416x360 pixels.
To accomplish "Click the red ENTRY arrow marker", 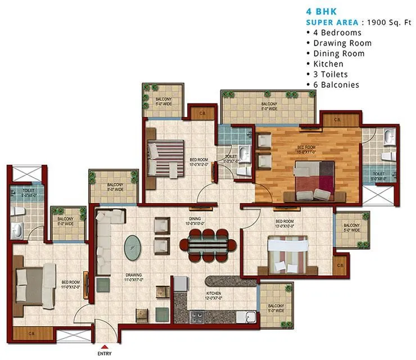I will [105, 347].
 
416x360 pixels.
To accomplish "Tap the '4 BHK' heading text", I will [318, 11].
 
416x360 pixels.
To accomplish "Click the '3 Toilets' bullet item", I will [332, 75].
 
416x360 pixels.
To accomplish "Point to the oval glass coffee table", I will [133, 246].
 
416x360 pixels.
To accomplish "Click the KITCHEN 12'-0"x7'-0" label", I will [213, 296].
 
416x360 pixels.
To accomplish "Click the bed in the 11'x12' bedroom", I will [31, 284].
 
